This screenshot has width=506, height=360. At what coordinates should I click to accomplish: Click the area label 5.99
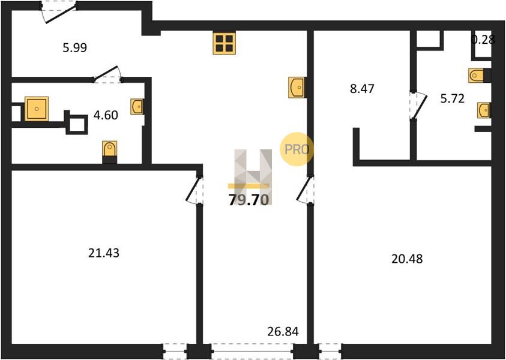coord(75,48)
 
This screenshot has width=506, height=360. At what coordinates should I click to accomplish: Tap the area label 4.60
coord(106,115)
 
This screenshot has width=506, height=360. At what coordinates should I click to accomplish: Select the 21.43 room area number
coord(104,253)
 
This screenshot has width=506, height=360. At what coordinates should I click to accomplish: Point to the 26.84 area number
coord(283,331)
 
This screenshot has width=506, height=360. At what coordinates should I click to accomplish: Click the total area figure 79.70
coord(248,200)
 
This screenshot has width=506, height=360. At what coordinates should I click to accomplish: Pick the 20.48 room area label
coord(407,259)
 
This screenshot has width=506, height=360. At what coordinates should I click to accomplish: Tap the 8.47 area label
coord(362,88)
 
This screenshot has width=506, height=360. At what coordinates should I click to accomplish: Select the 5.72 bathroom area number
coord(453,98)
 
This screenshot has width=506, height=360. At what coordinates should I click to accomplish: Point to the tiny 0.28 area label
coord(483,40)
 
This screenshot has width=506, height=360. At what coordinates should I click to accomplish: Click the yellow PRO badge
coord(297,149)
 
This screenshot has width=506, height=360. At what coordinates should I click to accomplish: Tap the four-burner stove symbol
coord(224,43)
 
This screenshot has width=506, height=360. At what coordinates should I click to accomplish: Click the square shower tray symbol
coord(37,109)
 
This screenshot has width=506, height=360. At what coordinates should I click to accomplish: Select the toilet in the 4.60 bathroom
coord(109,152)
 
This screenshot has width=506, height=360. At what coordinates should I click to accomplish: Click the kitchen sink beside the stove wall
coord(297,87)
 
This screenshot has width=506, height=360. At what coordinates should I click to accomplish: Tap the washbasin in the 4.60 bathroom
coord(136,106)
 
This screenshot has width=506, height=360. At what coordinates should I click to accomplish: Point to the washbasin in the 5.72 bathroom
coord(484,110)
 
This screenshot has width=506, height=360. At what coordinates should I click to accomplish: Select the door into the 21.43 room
coord(195,190)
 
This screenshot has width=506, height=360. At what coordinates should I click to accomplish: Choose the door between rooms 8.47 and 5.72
coord(418,106)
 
